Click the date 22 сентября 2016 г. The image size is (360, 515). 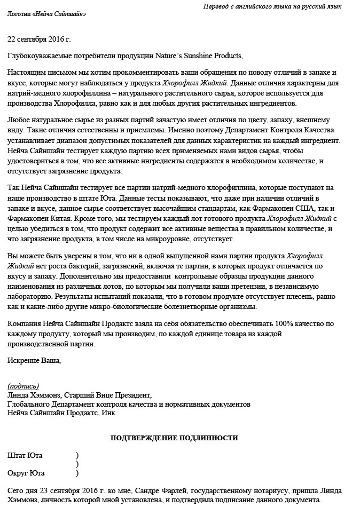[39, 39]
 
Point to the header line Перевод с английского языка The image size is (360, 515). [272, 6]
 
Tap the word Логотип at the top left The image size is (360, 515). [19, 14]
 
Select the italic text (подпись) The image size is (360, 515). [23, 386]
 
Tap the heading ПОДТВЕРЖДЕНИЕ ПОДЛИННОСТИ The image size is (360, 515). [174, 438]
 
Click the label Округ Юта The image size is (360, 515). [26, 473]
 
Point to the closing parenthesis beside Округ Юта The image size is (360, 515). [77, 473]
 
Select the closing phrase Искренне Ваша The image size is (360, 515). [34, 360]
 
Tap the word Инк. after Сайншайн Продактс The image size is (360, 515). [108, 413]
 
